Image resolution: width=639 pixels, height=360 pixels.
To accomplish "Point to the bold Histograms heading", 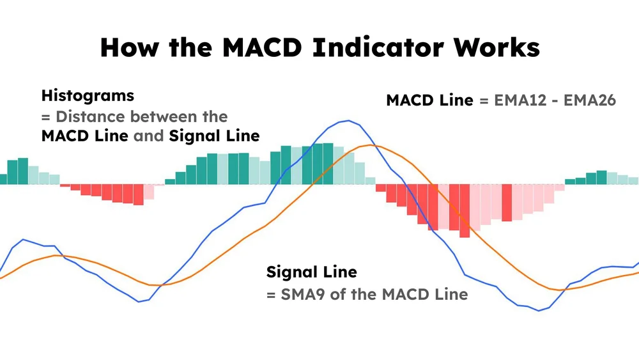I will click(88, 96).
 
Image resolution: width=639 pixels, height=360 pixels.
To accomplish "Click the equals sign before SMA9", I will click(271, 294).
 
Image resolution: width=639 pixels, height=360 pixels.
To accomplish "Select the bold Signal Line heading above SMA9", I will click(311, 272).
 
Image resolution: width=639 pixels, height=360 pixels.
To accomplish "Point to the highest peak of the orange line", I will click(371, 145).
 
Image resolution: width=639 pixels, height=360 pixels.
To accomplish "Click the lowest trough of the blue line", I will click(539, 311).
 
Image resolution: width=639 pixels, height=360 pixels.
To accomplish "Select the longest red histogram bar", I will click(465, 210).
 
